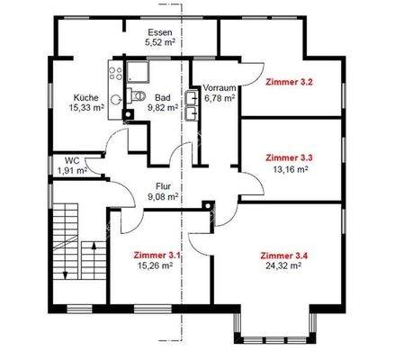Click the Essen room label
(x=159, y=30)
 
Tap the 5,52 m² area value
(x=159, y=41)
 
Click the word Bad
(x=162, y=97)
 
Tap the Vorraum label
(x=219, y=87)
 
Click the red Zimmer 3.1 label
(x=157, y=255)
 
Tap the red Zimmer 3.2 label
(x=289, y=82)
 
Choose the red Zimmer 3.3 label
(x=289, y=157)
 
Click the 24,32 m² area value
(x=282, y=266)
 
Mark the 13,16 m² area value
(x=289, y=168)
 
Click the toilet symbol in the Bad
(x=136, y=95)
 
